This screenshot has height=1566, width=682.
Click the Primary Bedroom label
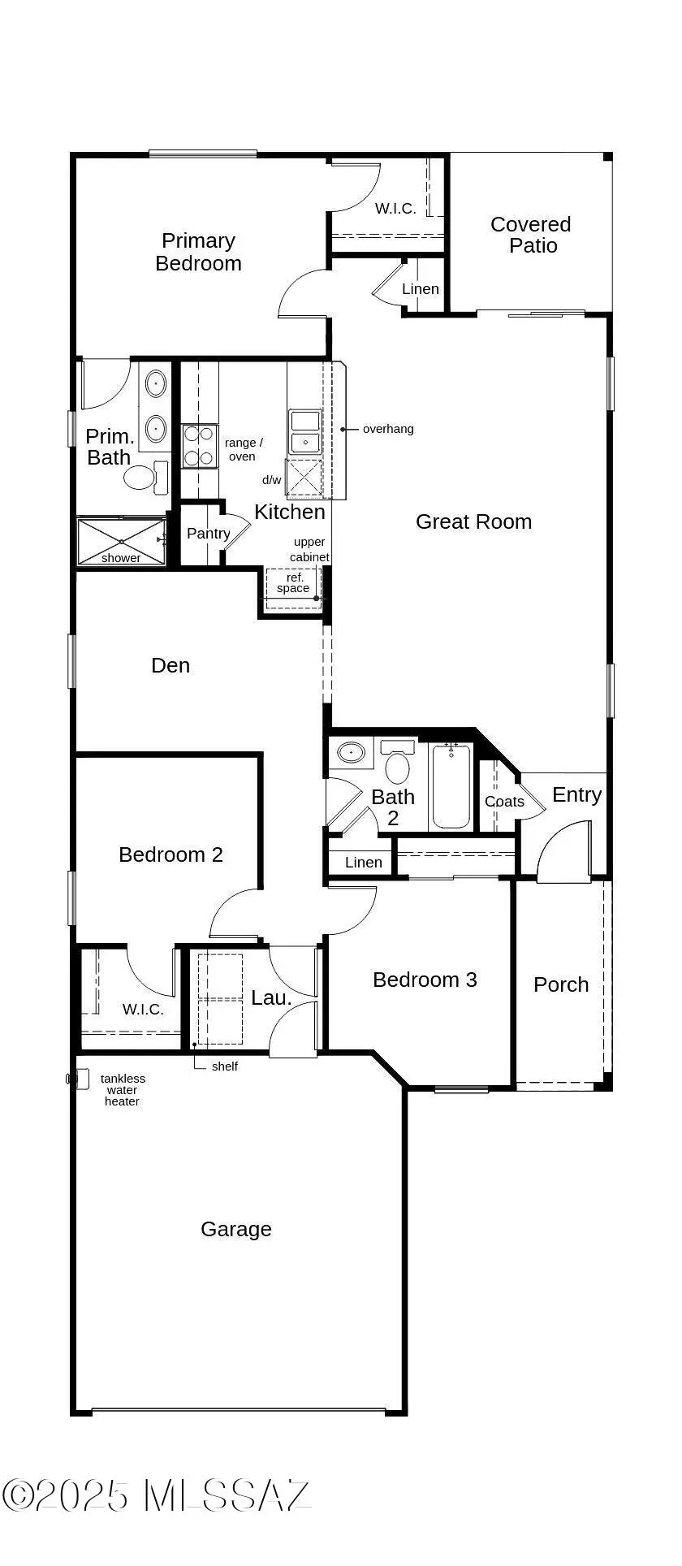point(198,252)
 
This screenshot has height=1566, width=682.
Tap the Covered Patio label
point(531,235)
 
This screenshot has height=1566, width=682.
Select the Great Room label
point(473,521)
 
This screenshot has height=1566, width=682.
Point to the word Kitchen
point(290,512)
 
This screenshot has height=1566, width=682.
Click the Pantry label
point(208,534)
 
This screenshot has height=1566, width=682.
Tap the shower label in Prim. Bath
point(121,558)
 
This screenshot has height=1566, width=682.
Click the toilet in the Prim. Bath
point(145,476)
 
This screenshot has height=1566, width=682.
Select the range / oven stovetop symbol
point(200,446)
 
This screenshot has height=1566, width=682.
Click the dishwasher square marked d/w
point(304,477)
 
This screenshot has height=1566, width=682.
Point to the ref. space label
point(293,583)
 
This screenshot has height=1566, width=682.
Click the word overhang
point(388,429)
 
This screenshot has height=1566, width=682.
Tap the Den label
point(170,665)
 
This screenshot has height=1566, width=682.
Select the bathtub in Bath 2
point(451,785)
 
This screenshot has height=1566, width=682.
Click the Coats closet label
point(504,802)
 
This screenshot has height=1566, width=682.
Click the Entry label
point(576,794)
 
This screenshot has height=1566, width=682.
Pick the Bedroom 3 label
point(425,980)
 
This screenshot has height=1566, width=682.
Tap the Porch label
point(561,984)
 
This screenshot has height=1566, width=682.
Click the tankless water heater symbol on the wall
point(76,1079)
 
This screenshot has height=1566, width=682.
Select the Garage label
point(236,1230)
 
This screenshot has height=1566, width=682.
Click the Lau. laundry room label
point(271,997)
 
